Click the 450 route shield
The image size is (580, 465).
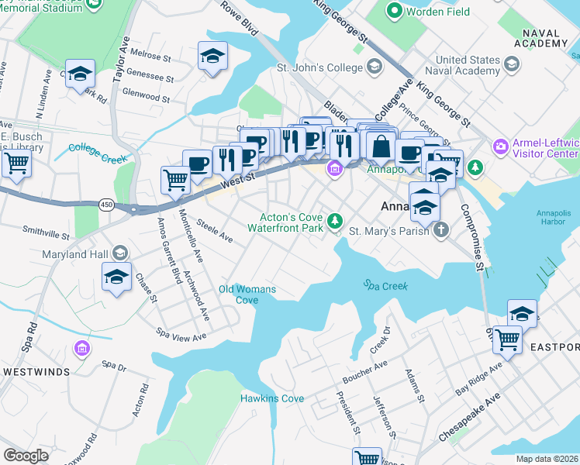pyautogui.click(x=106, y=205)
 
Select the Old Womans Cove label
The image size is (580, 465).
pyautogui.click(x=247, y=294)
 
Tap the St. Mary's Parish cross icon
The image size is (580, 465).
pyautogui.click(x=440, y=230)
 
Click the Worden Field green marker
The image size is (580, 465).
pyautogui.click(x=395, y=11)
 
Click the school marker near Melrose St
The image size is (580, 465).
pyautogui.click(x=212, y=56)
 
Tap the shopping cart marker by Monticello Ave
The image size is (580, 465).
pyautogui.click(x=176, y=180)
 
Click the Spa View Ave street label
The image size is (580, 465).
pyautogui.click(x=181, y=336)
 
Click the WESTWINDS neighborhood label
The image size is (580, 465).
pyautogui.click(x=36, y=371)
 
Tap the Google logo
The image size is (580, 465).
pyautogui.click(x=26, y=455)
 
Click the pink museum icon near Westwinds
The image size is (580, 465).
pyautogui.click(x=81, y=350)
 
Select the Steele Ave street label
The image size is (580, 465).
pyautogui.click(x=214, y=230)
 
